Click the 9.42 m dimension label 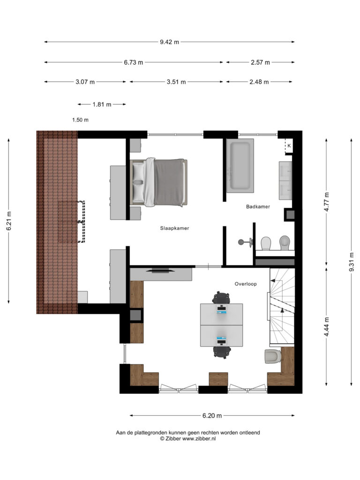[x=169, y=42]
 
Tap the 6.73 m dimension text [x=134, y=62]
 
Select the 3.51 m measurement [x=176, y=82]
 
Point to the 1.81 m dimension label [x=102, y=105]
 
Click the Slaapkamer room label [x=174, y=228]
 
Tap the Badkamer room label [x=258, y=207]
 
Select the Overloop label [x=246, y=284]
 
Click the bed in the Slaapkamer [x=158, y=182]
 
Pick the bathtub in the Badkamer [x=240, y=165]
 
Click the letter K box [x=289, y=146]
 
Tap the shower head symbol [x=246, y=242]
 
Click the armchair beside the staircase [x=273, y=357]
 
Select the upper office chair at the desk [x=221, y=298]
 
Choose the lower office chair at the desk [x=222, y=352]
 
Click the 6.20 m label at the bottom [x=212, y=416]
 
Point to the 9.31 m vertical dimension [x=352, y=262]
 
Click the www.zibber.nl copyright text [x=188, y=438]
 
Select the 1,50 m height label [x=80, y=120]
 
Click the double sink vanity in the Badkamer [x=285, y=180]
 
